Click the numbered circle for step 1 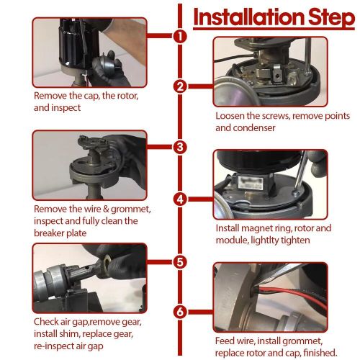click(x=180, y=36)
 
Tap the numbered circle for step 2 click(x=180, y=86)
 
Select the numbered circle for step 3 click(x=180, y=147)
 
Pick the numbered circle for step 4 click(x=180, y=199)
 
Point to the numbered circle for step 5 click(x=180, y=262)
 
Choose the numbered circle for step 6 click(x=180, y=312)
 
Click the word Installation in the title click(x=248, y=17)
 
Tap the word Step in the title click(x=332, y=18)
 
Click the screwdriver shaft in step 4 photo click(x=300, y=171)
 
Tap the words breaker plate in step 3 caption click(x=60, y=233)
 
